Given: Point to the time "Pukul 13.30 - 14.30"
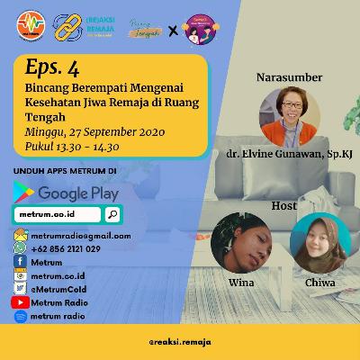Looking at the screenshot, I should (x=73, y=147).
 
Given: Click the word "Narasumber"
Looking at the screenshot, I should (x=289, y=76).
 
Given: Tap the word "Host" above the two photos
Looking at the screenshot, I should (x=284, y=205).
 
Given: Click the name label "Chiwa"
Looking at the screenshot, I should (x=319, y=282).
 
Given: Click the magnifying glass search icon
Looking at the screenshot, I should (x=112, y=214).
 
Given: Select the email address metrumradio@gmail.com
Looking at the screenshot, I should (x=81, y=235).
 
